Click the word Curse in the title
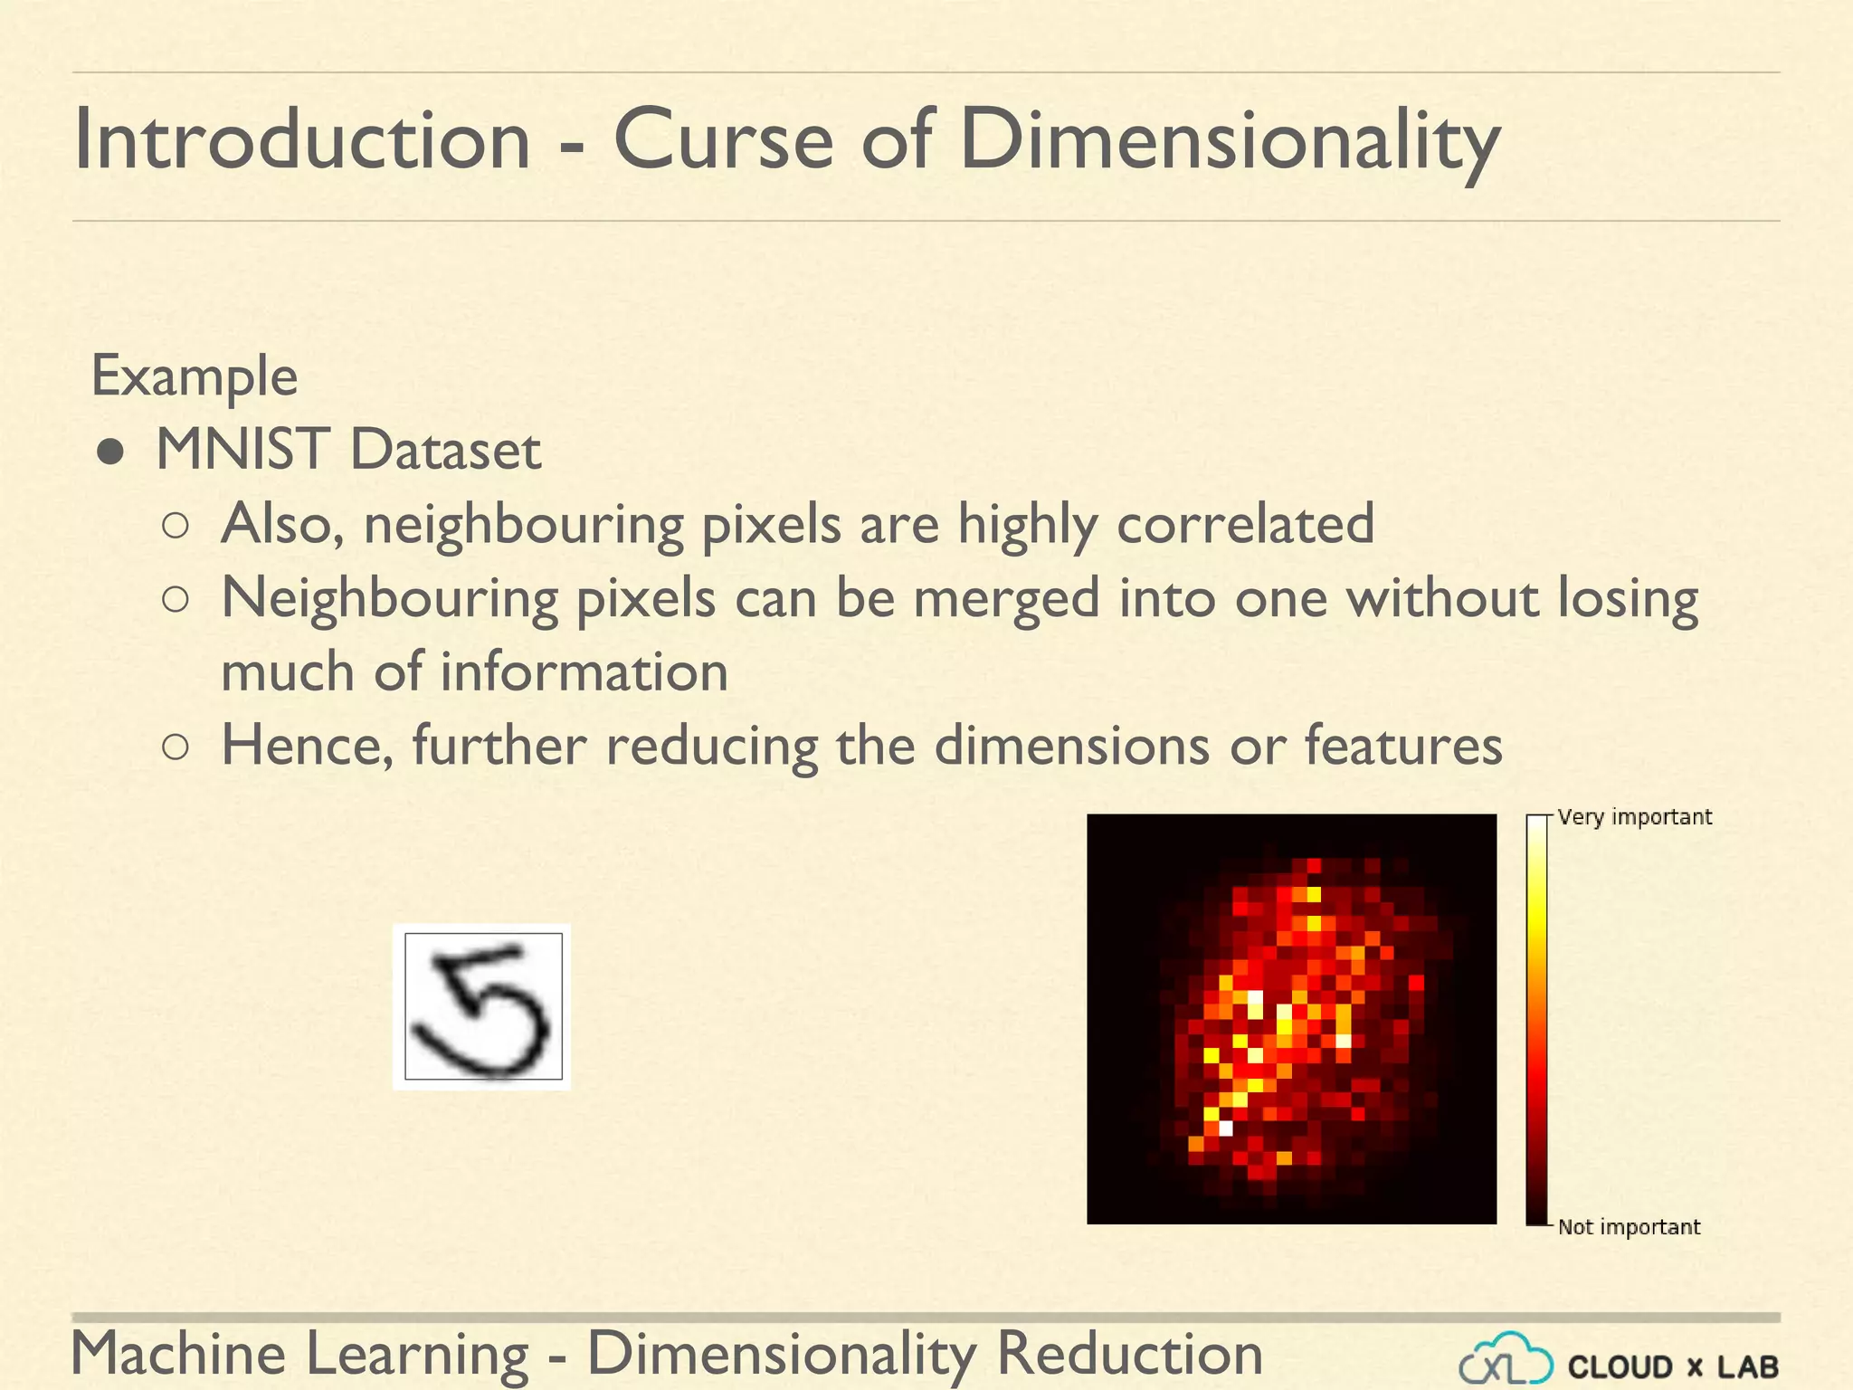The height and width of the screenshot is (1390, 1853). (x=723, y=139)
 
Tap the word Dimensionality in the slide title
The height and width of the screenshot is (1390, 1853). (x=1230, y=141)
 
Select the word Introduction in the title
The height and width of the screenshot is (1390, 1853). (x=301, y=139)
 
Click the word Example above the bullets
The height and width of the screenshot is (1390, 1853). (x=195, y=376)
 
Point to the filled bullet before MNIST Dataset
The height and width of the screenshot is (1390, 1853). (x=110, y=452)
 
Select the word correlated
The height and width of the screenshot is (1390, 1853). (x=1246, y=524)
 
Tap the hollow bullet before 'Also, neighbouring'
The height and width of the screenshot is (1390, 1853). (x=176, y=526)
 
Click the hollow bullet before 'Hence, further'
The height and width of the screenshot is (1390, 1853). (x=176, y=747)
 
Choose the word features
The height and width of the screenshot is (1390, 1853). (x=1403, y=746)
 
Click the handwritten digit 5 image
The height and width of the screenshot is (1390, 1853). (x=482, y=1006)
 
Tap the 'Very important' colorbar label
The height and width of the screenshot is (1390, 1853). (x=1634, y=817)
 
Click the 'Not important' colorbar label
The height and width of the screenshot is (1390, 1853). (x=1629, y=1227)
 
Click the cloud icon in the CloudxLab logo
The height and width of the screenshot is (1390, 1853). (x=1506, y=1360)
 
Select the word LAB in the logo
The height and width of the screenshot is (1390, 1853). (x=1747, y=1366)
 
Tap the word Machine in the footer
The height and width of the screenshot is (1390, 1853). (x=178, y=1354)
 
